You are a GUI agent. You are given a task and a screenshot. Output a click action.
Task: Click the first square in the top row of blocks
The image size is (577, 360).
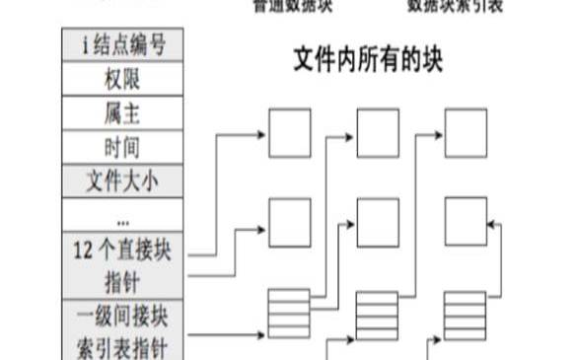click(x=290, y=133)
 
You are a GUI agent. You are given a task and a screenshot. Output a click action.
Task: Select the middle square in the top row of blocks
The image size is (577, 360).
click(x=378, y=133)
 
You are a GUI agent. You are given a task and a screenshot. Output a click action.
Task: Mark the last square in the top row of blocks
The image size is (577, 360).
click(x=466, y=133)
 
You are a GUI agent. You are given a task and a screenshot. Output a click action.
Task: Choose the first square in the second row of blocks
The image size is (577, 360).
click(x=290, y=222)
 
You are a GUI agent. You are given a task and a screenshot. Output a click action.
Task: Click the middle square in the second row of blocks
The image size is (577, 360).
click(x=378, y=222)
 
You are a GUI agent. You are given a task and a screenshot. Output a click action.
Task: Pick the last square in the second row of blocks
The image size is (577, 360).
click(x=466, y=222)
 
